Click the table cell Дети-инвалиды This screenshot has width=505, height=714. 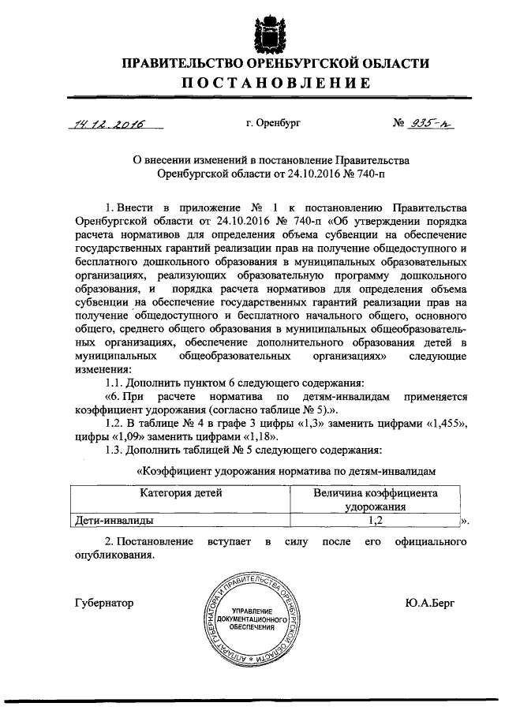(115, 521)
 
